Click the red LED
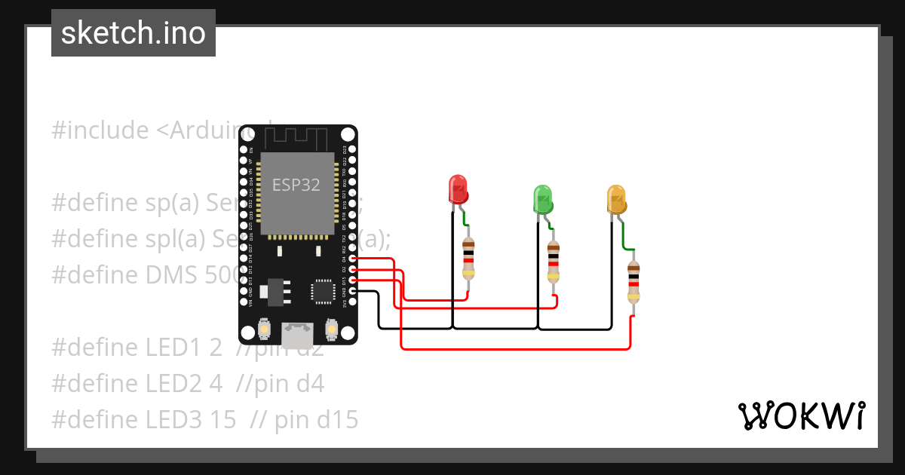(458, 189)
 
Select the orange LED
(617, 198)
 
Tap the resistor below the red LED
(468, 258)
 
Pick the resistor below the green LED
(554, 262)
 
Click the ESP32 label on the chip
(296, 185)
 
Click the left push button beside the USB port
(265, 329)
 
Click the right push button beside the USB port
(330, 329)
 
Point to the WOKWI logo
(801, 416)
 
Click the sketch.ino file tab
(133, 33)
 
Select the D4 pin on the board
(352, 259)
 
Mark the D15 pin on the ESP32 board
(352, 280)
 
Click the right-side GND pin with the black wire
(352, 290)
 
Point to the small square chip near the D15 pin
(323, 290)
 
